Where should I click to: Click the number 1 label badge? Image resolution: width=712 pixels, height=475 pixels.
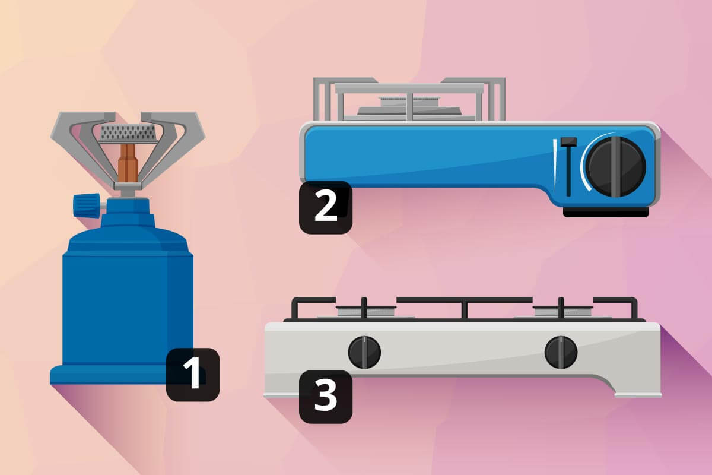click(193, 375)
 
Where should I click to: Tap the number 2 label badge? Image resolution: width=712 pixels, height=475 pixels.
click(326, 207)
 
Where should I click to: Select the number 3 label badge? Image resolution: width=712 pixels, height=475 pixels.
click(326, 397)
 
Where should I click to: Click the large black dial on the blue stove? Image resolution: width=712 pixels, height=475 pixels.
click(616, 167)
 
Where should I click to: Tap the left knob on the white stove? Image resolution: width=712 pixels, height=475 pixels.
click(364, 352)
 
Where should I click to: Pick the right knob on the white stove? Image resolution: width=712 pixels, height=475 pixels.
click(561, 352)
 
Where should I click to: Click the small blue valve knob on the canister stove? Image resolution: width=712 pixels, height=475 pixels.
click(86, 205)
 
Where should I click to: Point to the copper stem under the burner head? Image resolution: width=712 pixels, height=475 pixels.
click(128, 162)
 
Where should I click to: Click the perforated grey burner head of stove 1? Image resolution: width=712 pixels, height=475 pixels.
click(128, 134)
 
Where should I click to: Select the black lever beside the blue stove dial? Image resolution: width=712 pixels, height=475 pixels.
click(568, 167)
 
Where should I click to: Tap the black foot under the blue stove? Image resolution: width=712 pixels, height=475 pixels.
click(606, 212)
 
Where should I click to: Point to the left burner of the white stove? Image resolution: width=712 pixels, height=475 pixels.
click(366, 312)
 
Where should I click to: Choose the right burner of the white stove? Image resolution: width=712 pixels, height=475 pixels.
click(562, 312)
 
